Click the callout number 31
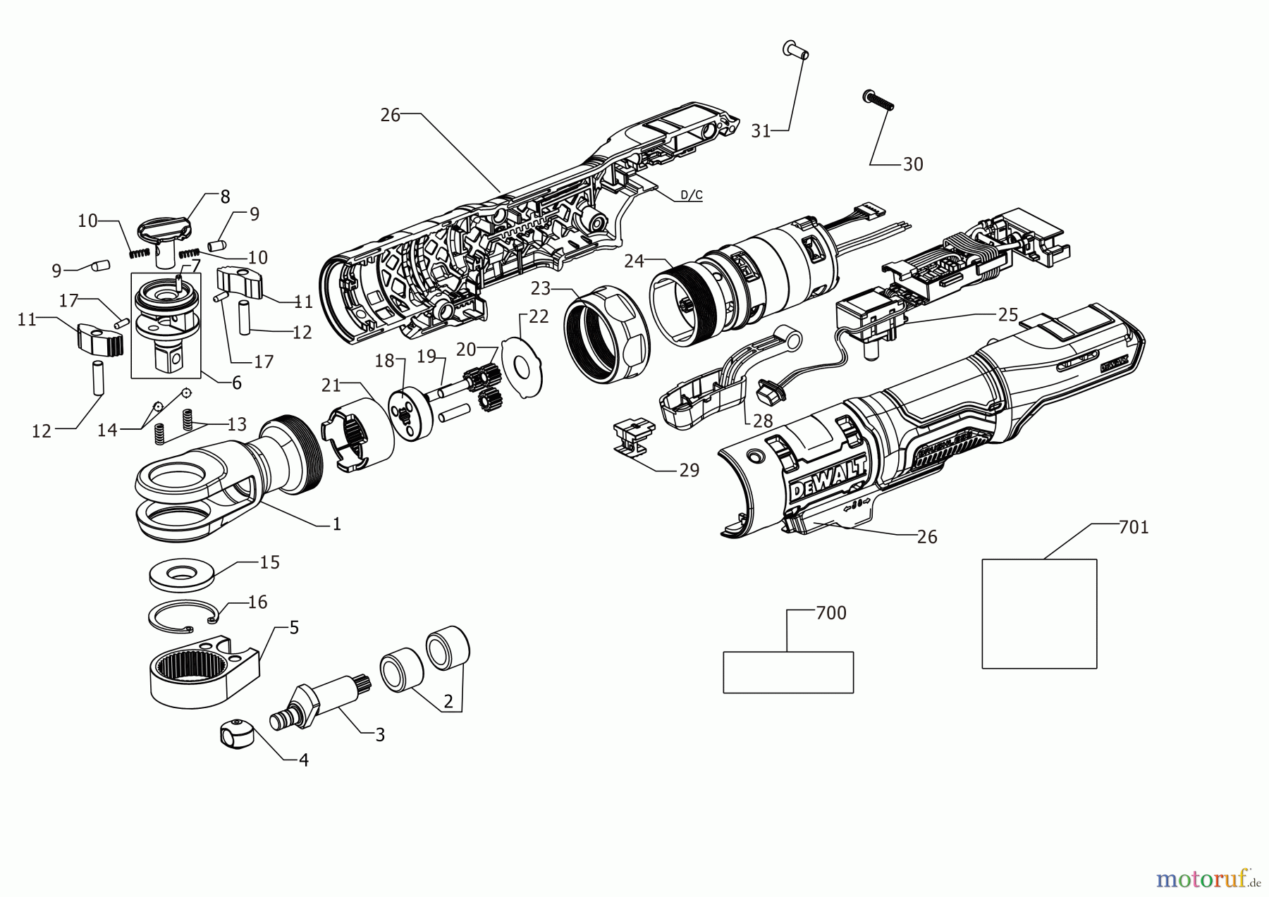click(x=760, y=131)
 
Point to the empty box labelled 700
click(x=788, y=672)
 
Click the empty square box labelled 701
click(x=1039, y=613)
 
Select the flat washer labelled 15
click(x=182, y=574)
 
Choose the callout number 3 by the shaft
click(x=380, y=735)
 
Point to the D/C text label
click(x=691, y=195)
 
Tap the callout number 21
click(x=331, y=385)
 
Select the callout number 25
click(x=1008, y=315)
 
